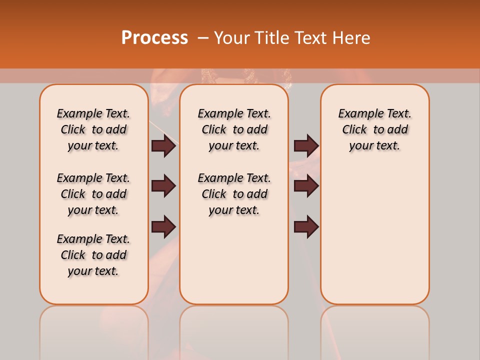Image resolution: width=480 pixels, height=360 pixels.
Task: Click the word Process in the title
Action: [x=154, y=38]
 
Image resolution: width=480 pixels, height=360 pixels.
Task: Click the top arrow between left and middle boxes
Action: [x=163, y=145]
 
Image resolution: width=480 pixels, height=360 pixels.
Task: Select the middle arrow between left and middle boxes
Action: [x=163, y=186]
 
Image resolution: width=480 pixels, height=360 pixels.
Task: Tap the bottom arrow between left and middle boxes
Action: [x=163, y=227]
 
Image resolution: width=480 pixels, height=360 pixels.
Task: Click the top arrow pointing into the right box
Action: [x=306, y=145]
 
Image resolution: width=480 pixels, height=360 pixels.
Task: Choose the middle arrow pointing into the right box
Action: [x=306, y=186]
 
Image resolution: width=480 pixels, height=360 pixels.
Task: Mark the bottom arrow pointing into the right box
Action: [x=306, y=227]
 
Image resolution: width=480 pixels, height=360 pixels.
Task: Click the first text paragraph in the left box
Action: [x=93, y=129]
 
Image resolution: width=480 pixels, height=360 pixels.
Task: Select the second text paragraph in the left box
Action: [x=93, y=194]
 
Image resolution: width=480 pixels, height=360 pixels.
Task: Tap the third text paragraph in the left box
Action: [x=93, y=255]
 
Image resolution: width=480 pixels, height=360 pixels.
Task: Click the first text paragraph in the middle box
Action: [x=234, y=129]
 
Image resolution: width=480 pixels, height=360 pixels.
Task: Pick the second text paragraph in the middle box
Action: [x=234, y=194]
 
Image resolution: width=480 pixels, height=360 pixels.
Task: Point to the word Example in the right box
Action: [x=357, y=113]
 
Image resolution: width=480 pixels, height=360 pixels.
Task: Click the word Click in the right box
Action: [x=354, y=129]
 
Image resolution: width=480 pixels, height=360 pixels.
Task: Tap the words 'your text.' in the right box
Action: [x=374, y=145]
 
